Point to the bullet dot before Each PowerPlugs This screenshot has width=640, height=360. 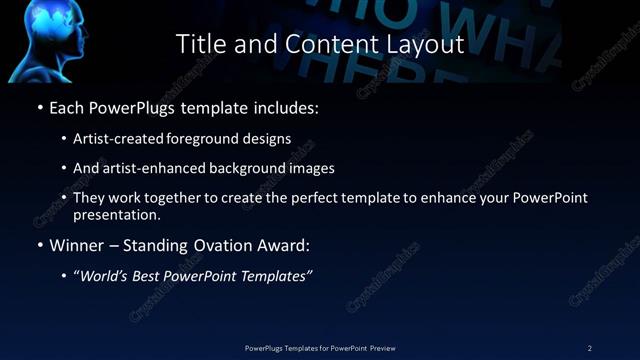(x=39, y=106)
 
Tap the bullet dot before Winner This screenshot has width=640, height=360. (x=39, y=245)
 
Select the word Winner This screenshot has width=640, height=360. (x=77, y=245)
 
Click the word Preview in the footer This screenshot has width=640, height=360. (x=380, y=347)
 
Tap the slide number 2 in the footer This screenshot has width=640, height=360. (x=590, y=347)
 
